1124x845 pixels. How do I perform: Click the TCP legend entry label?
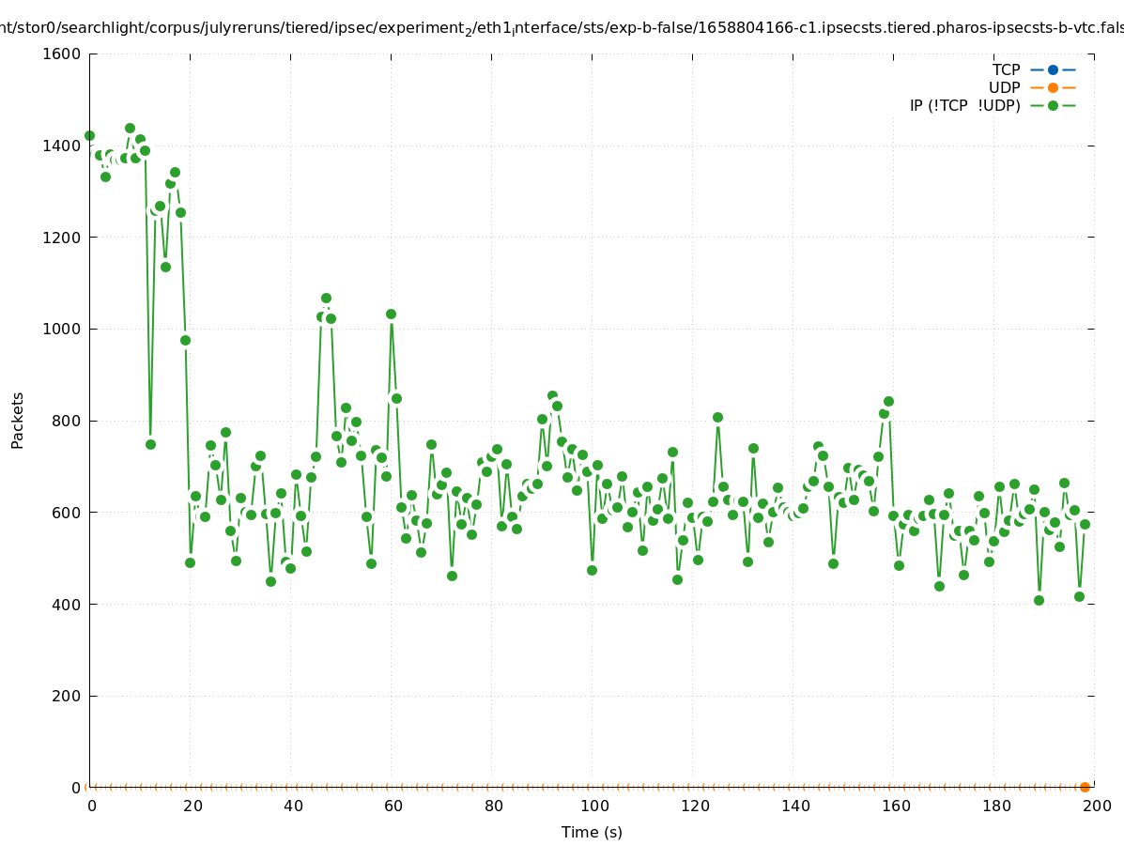1006,69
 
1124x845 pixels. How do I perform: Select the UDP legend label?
1004,87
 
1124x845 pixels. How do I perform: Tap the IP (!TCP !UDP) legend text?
964,105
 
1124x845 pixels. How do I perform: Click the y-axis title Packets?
18,421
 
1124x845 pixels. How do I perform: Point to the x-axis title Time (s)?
592,832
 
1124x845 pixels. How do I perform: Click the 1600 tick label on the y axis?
62,54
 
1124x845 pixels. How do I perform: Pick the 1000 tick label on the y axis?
62,330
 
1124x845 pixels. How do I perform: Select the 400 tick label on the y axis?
66,605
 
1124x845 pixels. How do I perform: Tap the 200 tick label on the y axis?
66,696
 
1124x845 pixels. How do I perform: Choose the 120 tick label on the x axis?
694,806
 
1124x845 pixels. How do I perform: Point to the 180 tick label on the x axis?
995,806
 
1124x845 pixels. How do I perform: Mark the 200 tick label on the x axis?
1096,806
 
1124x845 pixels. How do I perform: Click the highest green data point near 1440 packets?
130,128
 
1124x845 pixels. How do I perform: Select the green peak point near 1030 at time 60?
391,314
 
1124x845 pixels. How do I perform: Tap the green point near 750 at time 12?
150,444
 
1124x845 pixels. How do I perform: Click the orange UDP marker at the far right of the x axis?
1085,787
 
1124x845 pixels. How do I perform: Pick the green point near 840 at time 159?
888,401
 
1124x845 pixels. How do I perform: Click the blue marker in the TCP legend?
1053,69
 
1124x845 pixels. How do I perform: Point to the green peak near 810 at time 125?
717,417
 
